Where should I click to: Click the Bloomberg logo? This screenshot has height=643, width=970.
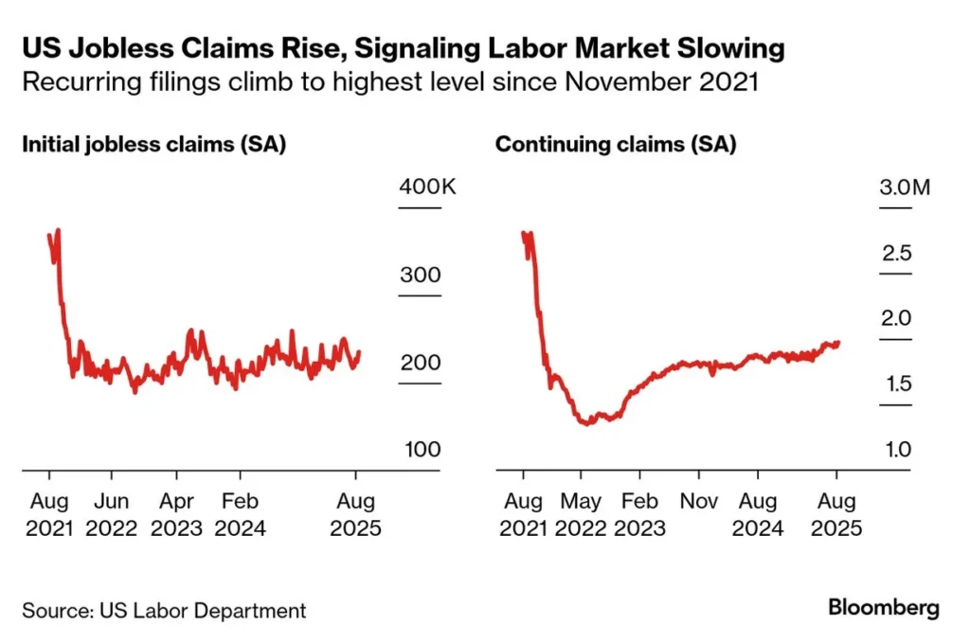883,607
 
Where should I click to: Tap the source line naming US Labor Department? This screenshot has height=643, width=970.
164,610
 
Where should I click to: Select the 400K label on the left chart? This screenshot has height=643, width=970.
427,187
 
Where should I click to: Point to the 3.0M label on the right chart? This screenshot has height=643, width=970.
905,187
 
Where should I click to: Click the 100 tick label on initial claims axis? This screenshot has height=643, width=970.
422,449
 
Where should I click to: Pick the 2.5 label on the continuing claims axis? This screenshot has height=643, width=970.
895,253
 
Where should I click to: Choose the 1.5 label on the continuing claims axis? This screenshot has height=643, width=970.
895,384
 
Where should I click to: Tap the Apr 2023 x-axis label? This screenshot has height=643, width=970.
175,514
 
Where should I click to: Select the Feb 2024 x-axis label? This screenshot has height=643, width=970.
240,514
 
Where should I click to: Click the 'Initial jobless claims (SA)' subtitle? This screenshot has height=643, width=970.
154,145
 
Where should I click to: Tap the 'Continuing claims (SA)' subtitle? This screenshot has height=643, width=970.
616,145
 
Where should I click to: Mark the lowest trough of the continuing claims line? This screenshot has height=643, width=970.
588,422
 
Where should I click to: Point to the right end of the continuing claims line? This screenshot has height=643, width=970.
838,343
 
